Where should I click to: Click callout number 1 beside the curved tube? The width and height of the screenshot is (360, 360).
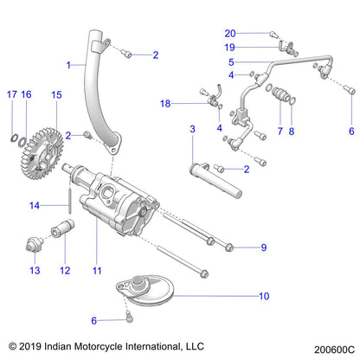[x=69, y=64]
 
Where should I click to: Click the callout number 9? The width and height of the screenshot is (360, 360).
[x=265, y=247]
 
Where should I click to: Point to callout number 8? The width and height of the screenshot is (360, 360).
[x=291, y=131]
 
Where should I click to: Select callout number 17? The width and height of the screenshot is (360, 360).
[x=11, y=93]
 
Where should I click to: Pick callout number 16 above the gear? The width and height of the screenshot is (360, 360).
[x=27, y=93]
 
